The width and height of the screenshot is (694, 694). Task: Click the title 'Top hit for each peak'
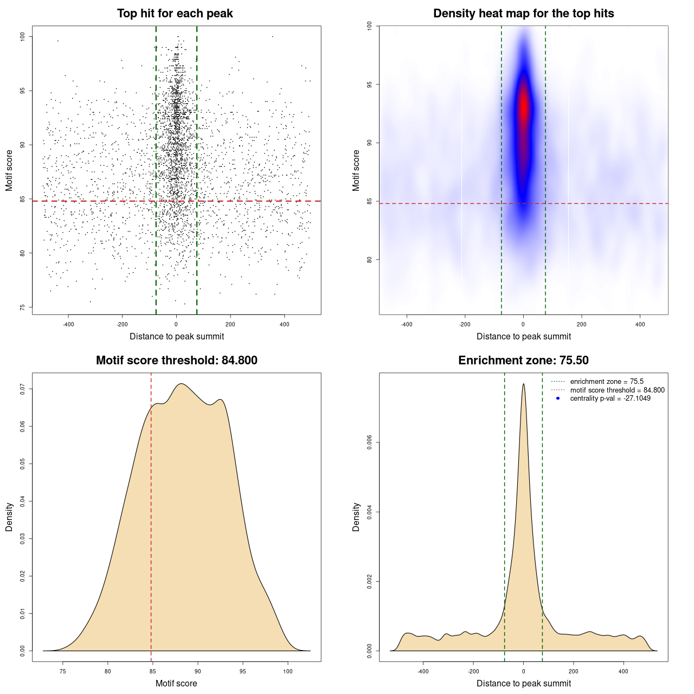tap(175, 14)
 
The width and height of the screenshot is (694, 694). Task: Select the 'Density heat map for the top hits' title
tap(523, 14)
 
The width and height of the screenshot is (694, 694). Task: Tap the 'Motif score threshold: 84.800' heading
tap(176, 361)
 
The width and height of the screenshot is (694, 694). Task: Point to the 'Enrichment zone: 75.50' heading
tap(523, 361)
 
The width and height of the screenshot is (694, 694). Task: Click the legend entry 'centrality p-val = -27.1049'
tap(610, 399)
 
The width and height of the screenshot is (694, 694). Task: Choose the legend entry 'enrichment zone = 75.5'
tap(607, 382)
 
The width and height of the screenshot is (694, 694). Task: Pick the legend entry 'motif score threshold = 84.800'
tap(617, 390)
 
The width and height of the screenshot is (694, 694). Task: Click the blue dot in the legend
tap(558, 399)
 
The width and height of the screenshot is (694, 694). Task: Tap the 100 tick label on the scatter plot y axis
tap(23, 36)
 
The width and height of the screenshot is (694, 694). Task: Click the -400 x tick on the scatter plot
tap(68, 324)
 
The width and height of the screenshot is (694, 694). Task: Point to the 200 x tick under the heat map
tap(582, 324)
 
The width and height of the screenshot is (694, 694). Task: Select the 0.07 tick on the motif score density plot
tap(23, 389)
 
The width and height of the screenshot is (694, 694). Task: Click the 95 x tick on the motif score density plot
tap(243, 671)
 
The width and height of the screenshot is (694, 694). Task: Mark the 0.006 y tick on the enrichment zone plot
tap(370, 442)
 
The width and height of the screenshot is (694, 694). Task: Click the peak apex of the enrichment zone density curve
tap(523, 384)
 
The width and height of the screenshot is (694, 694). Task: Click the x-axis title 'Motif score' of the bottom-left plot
tap(176, 683)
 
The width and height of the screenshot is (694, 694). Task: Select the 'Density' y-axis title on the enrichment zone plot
tap(356, 517)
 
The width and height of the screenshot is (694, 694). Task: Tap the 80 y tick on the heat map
tap(370, 259)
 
